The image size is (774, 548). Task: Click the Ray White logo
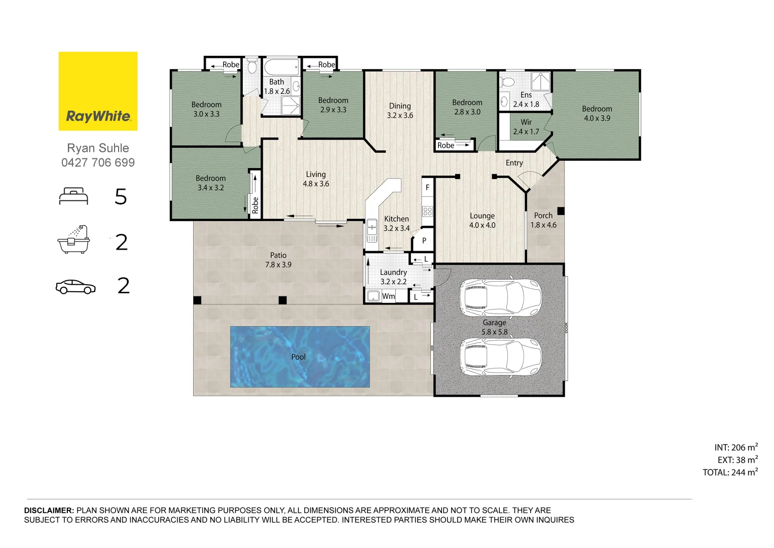coord(98,91)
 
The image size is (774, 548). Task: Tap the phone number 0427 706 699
coord(98,162)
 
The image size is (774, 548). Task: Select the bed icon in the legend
coord(73,196)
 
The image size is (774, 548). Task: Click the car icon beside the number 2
coord(76,287)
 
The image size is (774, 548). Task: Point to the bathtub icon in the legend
coord(73,239)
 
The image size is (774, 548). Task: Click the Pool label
coord(299,357)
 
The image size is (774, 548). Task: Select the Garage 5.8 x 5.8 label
coord(495,327)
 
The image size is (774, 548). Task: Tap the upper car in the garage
coord(500,298)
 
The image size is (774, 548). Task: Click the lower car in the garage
coord(500,357)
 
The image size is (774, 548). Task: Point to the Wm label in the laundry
coord(388,296)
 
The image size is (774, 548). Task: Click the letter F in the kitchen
coord(427,188)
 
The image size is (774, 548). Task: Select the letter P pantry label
coord(424,241)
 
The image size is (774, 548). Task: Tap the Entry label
coord(514,163)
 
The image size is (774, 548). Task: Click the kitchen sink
coord(372,230)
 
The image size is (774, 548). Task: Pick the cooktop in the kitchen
coord(427,211)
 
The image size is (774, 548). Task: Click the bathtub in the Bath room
coord(281,67)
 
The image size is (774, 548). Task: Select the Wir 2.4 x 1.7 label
coord(526,127)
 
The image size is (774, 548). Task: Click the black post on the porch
coord(561,211)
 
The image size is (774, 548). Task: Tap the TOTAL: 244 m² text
coord(730,472)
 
